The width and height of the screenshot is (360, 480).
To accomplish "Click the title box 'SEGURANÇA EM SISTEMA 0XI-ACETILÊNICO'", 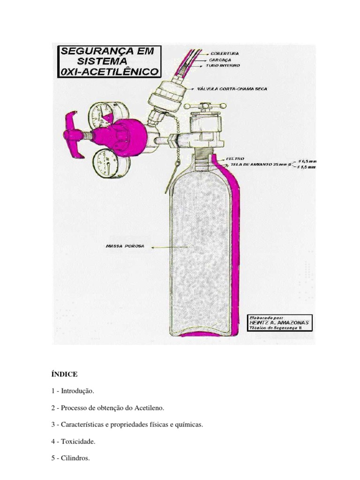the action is (110, 61).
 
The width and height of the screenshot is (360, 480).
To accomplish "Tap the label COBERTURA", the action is (225, 53).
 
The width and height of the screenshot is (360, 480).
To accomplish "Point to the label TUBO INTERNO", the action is (223, 66).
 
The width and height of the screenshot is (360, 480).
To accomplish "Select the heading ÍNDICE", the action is (64, 374).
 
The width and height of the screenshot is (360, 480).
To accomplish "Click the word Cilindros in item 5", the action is (76, 458).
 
